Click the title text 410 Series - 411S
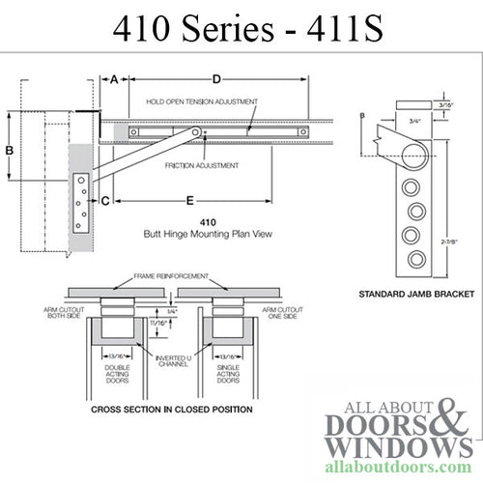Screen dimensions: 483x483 pos(241,29)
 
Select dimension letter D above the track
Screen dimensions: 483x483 pos(216,78)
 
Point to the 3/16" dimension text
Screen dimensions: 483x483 pos(445,104)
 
